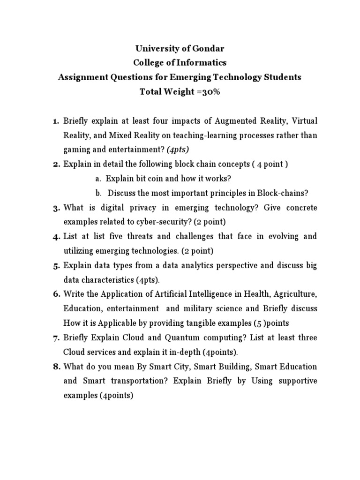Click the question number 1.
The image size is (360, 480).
55,121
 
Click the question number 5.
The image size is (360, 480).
55,265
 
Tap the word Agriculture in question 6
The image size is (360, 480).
296,294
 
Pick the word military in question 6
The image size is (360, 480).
198,308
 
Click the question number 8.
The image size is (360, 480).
55,367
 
